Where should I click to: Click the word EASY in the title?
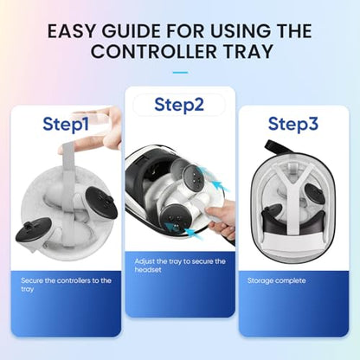click(x=71, y=31)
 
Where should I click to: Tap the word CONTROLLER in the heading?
click(x=154, y=52)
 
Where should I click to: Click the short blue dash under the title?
click(x=180, y=73)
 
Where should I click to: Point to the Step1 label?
click(x=66, y=124)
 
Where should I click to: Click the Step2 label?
click(x=179, y=105)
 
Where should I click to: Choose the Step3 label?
click(x=293, y=124)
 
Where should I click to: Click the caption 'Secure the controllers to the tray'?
click(x=66, y=285)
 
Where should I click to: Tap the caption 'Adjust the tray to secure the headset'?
click(x=180, y=266)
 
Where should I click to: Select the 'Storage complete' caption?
click(x=277, y=280)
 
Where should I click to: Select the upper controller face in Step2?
click(x=194, y=176)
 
